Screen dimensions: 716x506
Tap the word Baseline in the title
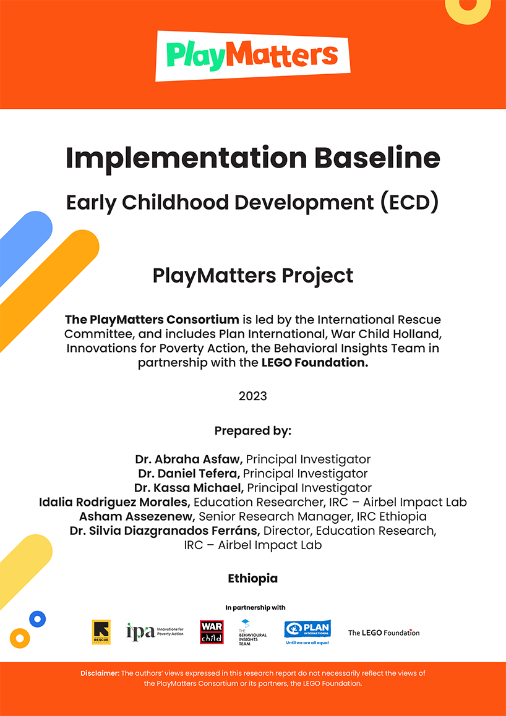377,158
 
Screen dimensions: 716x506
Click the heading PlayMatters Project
253,275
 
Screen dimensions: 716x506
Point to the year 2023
253,396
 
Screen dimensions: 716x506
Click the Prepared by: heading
253,430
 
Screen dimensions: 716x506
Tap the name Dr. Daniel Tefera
189,474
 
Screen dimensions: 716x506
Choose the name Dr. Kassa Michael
188,488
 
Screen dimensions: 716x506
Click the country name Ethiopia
253,579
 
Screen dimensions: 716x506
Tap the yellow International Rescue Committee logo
101,632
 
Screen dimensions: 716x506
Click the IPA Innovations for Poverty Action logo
155,632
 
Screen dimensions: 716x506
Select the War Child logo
211,632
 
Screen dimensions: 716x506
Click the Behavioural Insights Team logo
252,633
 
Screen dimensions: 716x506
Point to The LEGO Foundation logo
384,633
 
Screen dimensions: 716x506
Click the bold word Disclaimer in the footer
100,673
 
